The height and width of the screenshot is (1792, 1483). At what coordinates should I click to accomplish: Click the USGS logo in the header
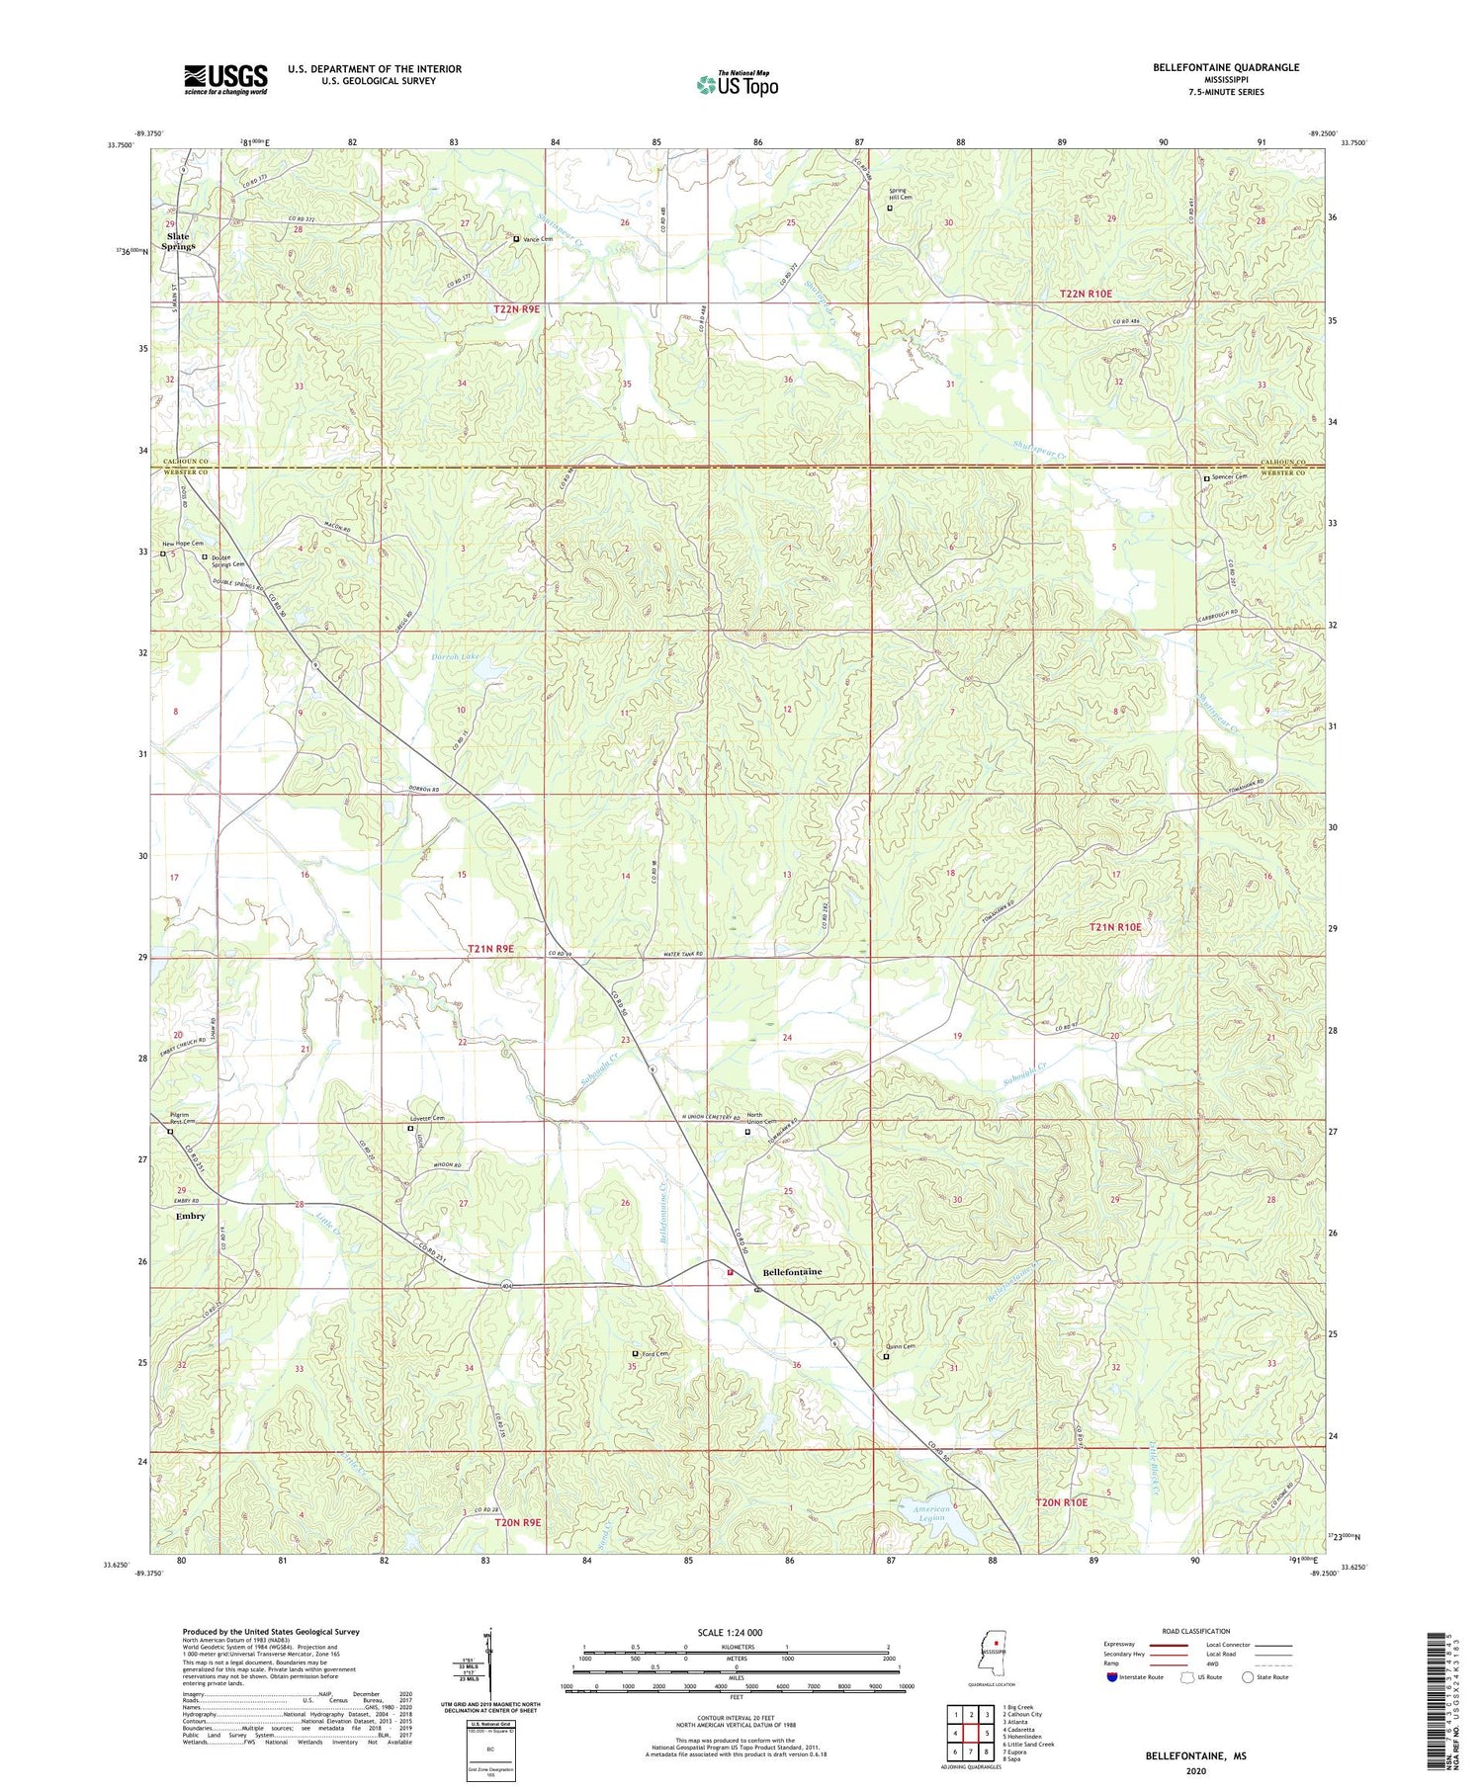[x=225, y=79]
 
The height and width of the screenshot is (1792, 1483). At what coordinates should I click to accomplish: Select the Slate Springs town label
[x=180, y=241]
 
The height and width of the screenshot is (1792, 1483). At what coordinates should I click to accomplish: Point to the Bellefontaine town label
[x=792, y=1272]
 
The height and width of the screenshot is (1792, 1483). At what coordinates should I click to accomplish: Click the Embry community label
[x=191, y=1216]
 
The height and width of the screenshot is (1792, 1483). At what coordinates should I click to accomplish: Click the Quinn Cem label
[x=903, y=1347]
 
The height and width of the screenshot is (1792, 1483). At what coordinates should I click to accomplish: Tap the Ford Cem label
[x=654, y=1354]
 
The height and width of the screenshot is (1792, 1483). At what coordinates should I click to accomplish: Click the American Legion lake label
[x=931, y=1513]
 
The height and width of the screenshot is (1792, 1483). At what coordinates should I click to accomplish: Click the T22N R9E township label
[x=516, y=309]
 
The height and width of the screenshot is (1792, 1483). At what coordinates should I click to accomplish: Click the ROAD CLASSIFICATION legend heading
[x=1195, y=1631]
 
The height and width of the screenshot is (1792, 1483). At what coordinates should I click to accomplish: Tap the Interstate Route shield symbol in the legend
[x=1112, y=1677]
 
